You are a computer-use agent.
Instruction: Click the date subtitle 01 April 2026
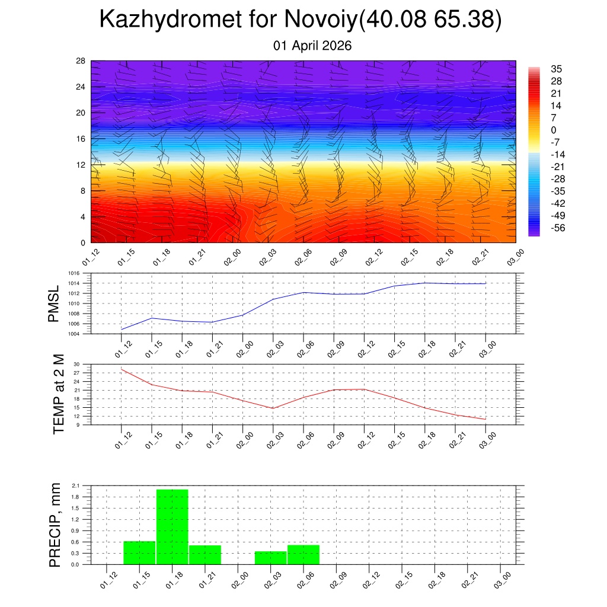tap(312, 45)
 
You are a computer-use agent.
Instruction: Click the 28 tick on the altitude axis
tap(81, 61)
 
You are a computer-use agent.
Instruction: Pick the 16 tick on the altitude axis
tap(81, 139)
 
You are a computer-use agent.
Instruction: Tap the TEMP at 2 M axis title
tap(58, 394)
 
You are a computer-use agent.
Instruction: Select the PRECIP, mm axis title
tap(55, 525)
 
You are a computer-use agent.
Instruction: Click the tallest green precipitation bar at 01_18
tap(172, 527)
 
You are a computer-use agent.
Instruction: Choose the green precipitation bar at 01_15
tap(139, 552)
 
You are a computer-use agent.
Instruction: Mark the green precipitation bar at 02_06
tap(303, 554)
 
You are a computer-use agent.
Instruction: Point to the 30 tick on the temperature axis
tap(76, 365)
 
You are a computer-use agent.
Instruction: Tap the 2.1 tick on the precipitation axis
tap(75, 485)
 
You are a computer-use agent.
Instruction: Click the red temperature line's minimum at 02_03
tap(273, 408)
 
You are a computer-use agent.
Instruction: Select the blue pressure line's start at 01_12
tap(122, 329)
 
